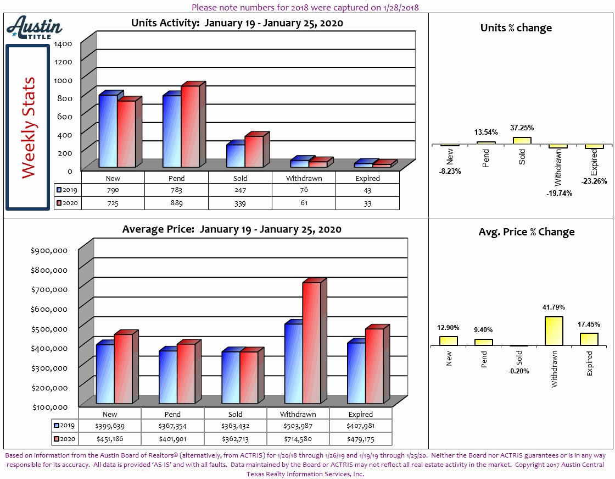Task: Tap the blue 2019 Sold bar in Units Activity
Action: (x=236, y=156)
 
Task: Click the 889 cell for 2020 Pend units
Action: (x=176, y=203)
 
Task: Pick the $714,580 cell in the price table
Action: (x=298, y=439)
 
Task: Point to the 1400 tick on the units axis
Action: (x=63, y=43)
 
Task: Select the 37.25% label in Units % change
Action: (x=522, y=128)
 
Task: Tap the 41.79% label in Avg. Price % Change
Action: (x=553, y=307)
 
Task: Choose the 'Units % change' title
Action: (x=516, y=28)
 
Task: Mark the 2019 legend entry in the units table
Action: (x=68, y=190)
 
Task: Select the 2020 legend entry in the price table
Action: (x=65, y=439)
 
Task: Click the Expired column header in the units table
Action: (x=367, y=178)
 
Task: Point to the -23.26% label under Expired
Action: (x=594, y=181)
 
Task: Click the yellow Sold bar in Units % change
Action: (x=522, y=141)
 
